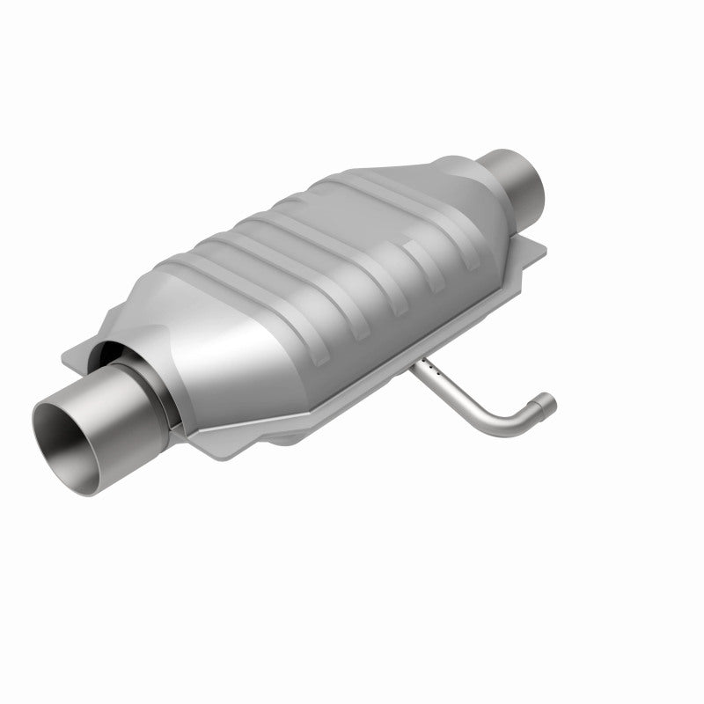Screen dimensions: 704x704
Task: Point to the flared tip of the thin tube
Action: tap(548, 402)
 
